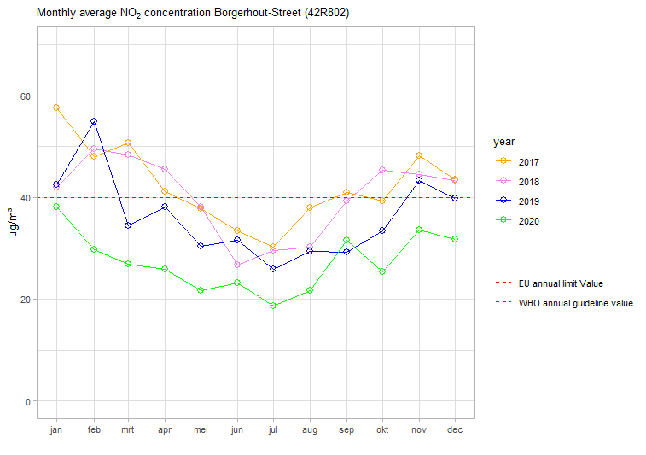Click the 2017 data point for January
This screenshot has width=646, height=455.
pos(56,108)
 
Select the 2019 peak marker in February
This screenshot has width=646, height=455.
pos(93,121)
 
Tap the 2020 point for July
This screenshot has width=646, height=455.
pos(273,306)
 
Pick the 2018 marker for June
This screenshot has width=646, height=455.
pos(237,265)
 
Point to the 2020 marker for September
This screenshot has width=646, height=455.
pos(346,240)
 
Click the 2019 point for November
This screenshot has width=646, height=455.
pos(418,180)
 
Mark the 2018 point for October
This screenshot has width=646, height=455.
pos(382,170)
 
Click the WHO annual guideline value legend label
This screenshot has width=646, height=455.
pos(575,303)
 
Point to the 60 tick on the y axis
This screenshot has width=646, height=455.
pos(26,96)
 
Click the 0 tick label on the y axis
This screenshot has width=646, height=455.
pos(28,401)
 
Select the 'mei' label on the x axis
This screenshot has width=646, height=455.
pos(201,430)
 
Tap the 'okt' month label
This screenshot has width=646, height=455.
pos(382,430)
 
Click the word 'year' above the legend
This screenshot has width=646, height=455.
pos(503,141)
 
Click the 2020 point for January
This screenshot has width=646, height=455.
pos(56,207)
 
